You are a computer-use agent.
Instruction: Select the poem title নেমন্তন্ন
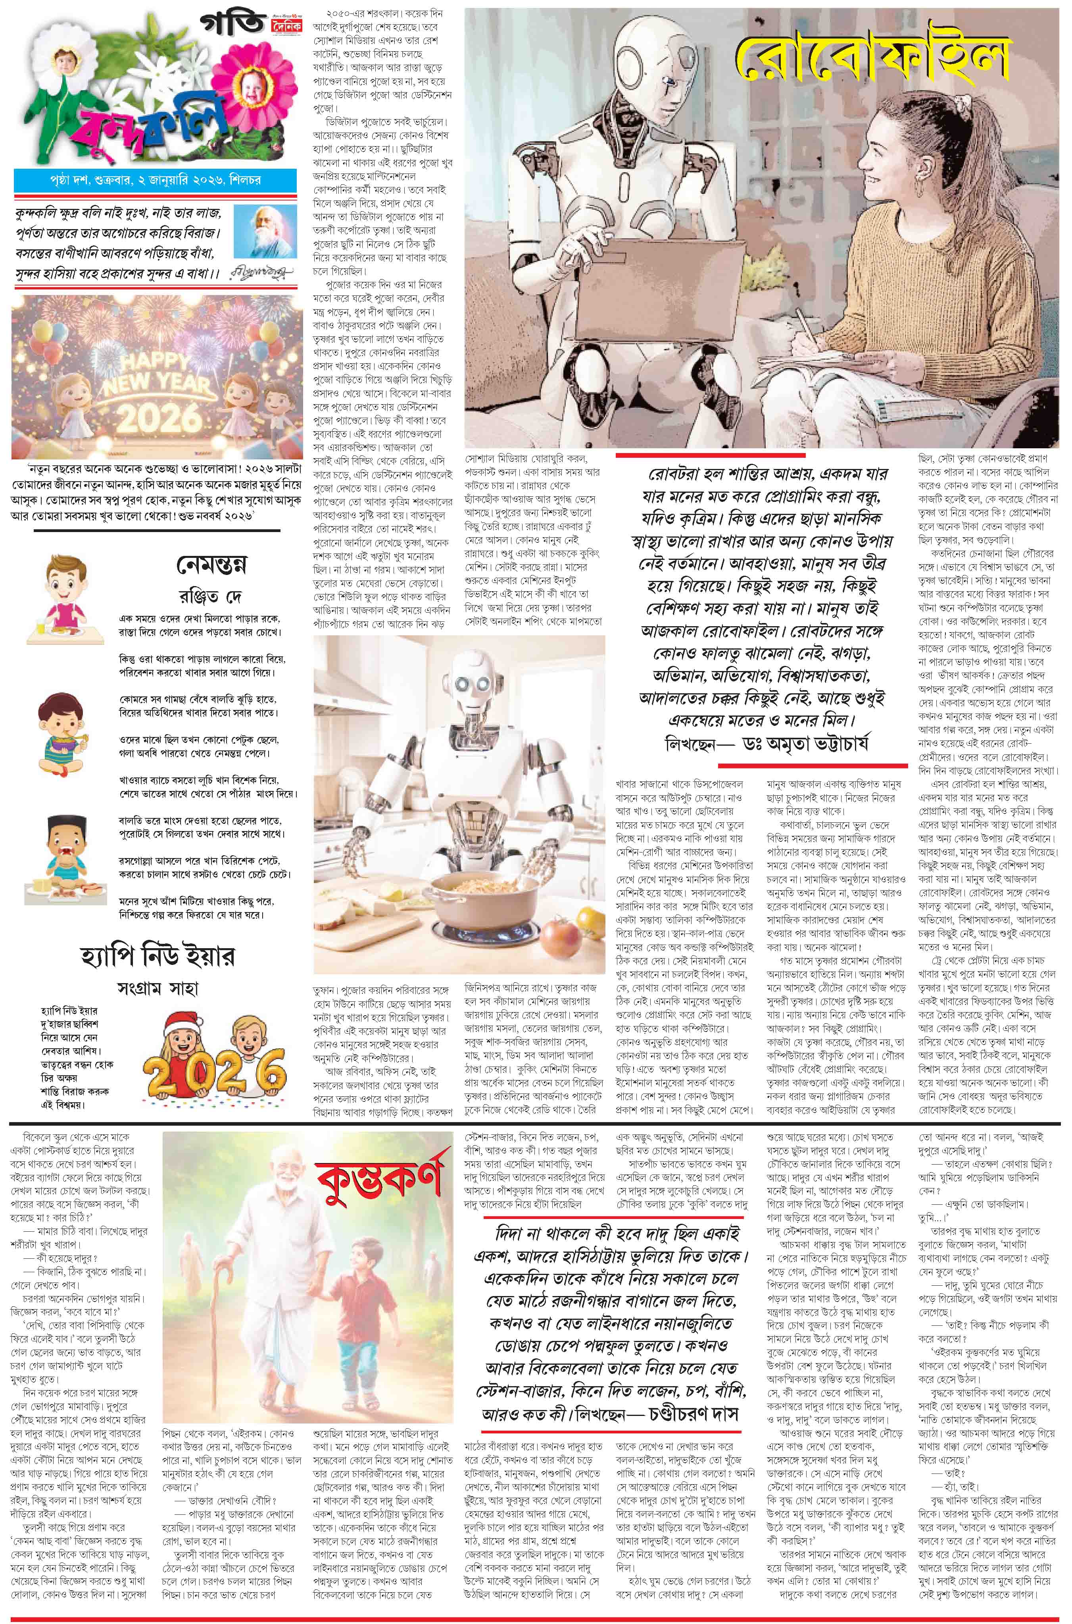[x=211, y=565]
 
